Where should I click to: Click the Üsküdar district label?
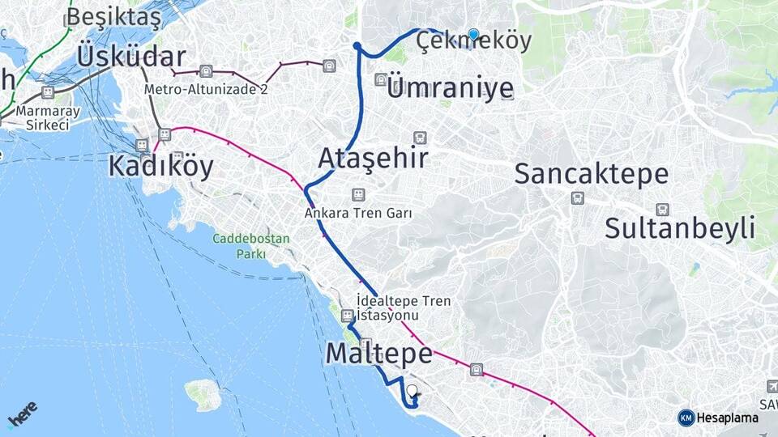[x=131, y=57]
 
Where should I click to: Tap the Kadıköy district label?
[x=161, y=167]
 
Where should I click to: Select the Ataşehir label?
[x=373, y=158]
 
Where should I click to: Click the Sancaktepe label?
[x=592, y=174]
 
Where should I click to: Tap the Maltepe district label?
[x=378, y=354]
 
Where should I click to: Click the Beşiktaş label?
[x=113, y=16]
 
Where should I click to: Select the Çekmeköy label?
[x=474, y=40]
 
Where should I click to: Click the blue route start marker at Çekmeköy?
[x=474, y=34]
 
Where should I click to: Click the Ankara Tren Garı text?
[x=358, y=214]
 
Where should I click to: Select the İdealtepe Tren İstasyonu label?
[x=403, y=308]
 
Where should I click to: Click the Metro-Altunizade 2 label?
[x=207, y=89]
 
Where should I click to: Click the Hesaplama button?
[x=718, y=418]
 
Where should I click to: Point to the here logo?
[x=23, y=414]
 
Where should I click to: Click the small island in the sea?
[x=203, y=394]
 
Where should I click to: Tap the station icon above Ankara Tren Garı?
[x=358, y=195]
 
